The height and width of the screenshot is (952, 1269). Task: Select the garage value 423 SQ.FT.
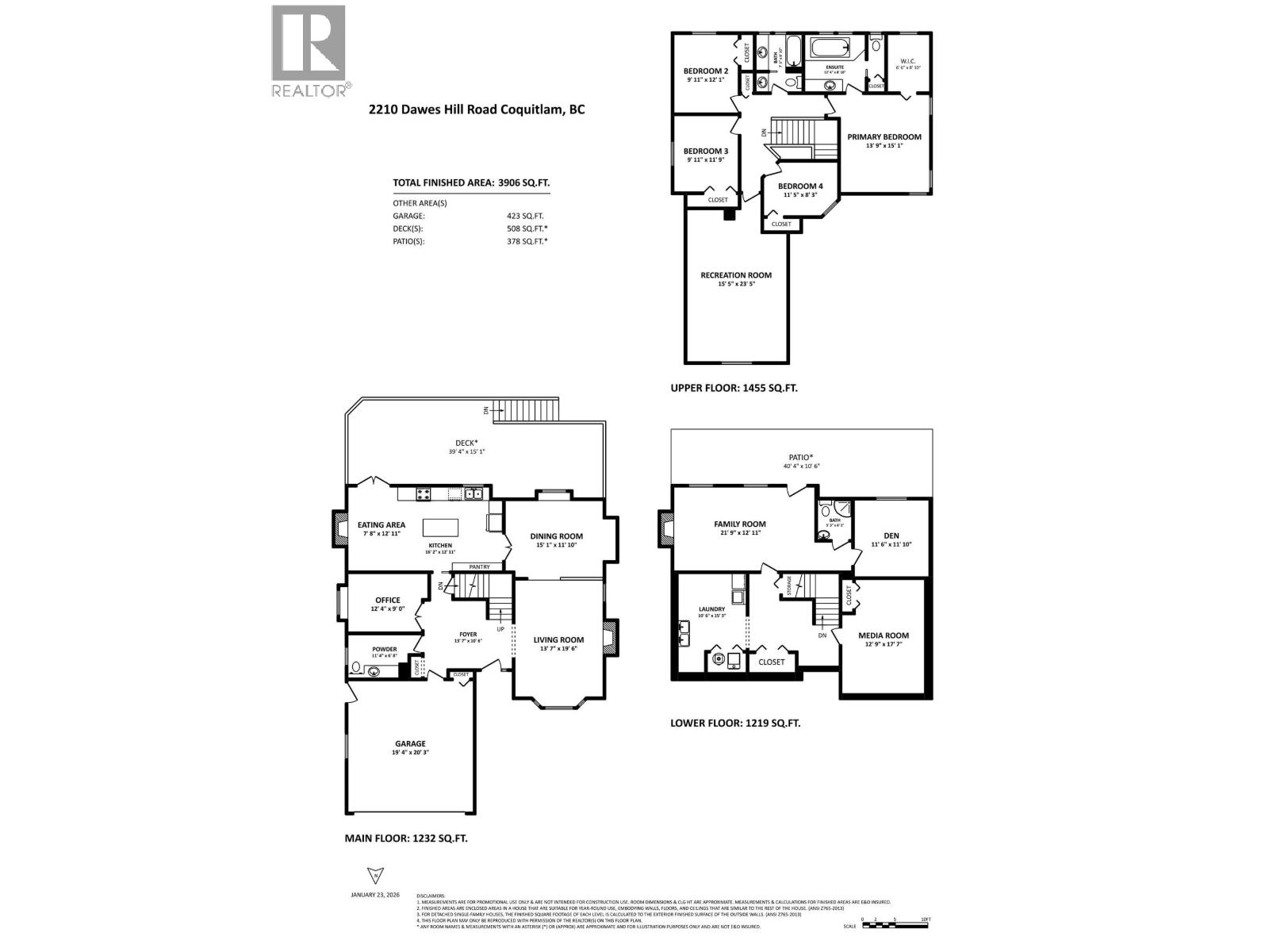(x=525, y=216)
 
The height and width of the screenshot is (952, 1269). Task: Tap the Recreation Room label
(x=735, y=275)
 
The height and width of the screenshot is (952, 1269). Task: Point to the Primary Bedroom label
(x=884, y=137)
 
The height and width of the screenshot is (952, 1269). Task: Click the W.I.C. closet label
(x=907, y=62)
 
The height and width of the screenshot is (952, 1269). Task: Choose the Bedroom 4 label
(x=800, y=186)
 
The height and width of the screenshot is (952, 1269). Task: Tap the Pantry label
(x=479, y=566)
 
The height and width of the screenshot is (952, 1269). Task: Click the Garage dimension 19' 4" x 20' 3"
(x=410, y=752)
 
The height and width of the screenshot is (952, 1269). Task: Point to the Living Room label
(x=558, y=639)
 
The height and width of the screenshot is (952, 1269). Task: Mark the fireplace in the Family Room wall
(x=665, y=529)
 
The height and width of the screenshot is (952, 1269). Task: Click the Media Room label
(x=883, y=635)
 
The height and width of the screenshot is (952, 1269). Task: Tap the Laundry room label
(x=711, y=609)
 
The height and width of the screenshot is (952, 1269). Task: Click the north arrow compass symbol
(x=372, y=875)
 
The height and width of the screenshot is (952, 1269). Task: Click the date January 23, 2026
(x=374, y=894)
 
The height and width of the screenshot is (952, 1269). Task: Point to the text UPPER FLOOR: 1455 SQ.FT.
(x=734, y=388)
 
